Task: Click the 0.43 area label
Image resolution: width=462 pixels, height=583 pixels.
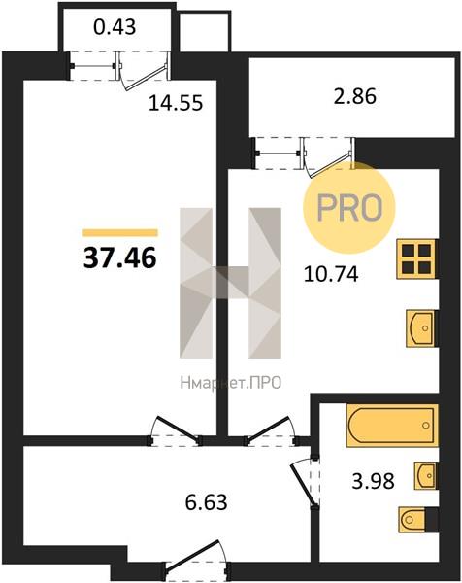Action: click(115, 27)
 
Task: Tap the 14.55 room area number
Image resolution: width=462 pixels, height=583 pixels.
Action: click(176, 103)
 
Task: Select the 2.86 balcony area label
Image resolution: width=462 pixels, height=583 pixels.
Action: click(354, 96)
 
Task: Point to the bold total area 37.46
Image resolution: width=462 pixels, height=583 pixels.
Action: click(120, 258)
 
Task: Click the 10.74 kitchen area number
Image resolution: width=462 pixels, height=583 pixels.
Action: click(331, 274)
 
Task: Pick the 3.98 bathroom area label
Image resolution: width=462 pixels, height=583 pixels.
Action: click(373, 481)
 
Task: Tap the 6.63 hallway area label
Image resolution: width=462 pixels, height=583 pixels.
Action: click(206, 502)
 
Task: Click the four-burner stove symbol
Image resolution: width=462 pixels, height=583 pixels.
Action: click(416, 259)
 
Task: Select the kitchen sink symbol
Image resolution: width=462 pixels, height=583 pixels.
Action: click(420, 328)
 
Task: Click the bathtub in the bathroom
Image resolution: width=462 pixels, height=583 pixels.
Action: click(392, 426)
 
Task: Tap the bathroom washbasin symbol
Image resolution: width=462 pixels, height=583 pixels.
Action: click(426, 475)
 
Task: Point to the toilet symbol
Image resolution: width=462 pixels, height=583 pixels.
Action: click(412, 519)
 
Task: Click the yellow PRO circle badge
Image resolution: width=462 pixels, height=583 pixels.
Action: click(349, 208)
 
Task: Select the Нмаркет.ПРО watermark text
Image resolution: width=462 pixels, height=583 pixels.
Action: click(231, 383)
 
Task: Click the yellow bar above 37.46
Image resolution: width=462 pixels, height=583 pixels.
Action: click(120, 233)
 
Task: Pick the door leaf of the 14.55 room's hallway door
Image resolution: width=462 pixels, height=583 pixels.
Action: click(177, 429)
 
